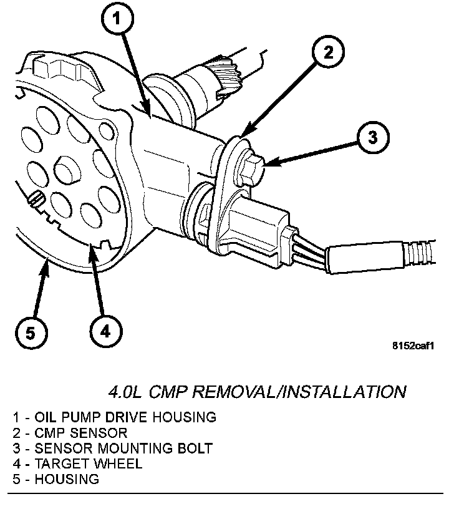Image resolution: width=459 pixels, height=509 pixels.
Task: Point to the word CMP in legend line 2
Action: [51, 432]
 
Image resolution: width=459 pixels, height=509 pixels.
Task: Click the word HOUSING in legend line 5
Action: [67, 479]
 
